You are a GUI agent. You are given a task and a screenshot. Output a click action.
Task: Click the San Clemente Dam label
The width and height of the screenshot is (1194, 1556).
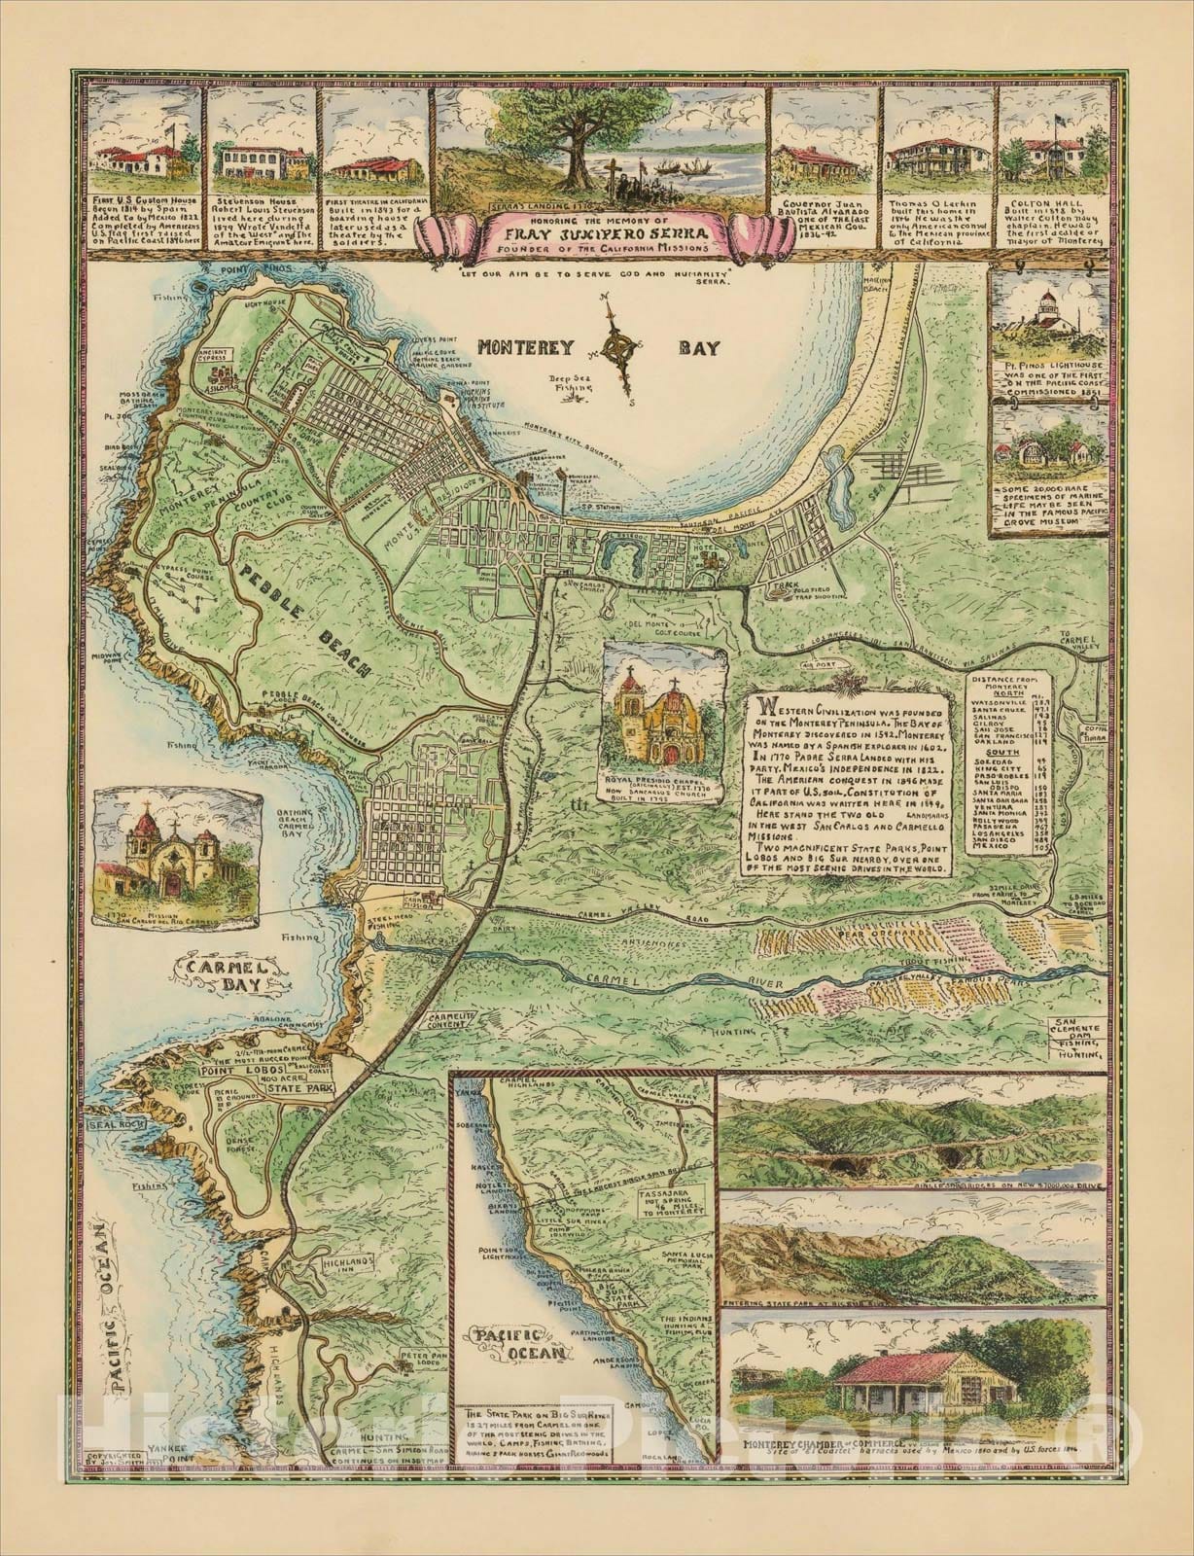(1075, 1036)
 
